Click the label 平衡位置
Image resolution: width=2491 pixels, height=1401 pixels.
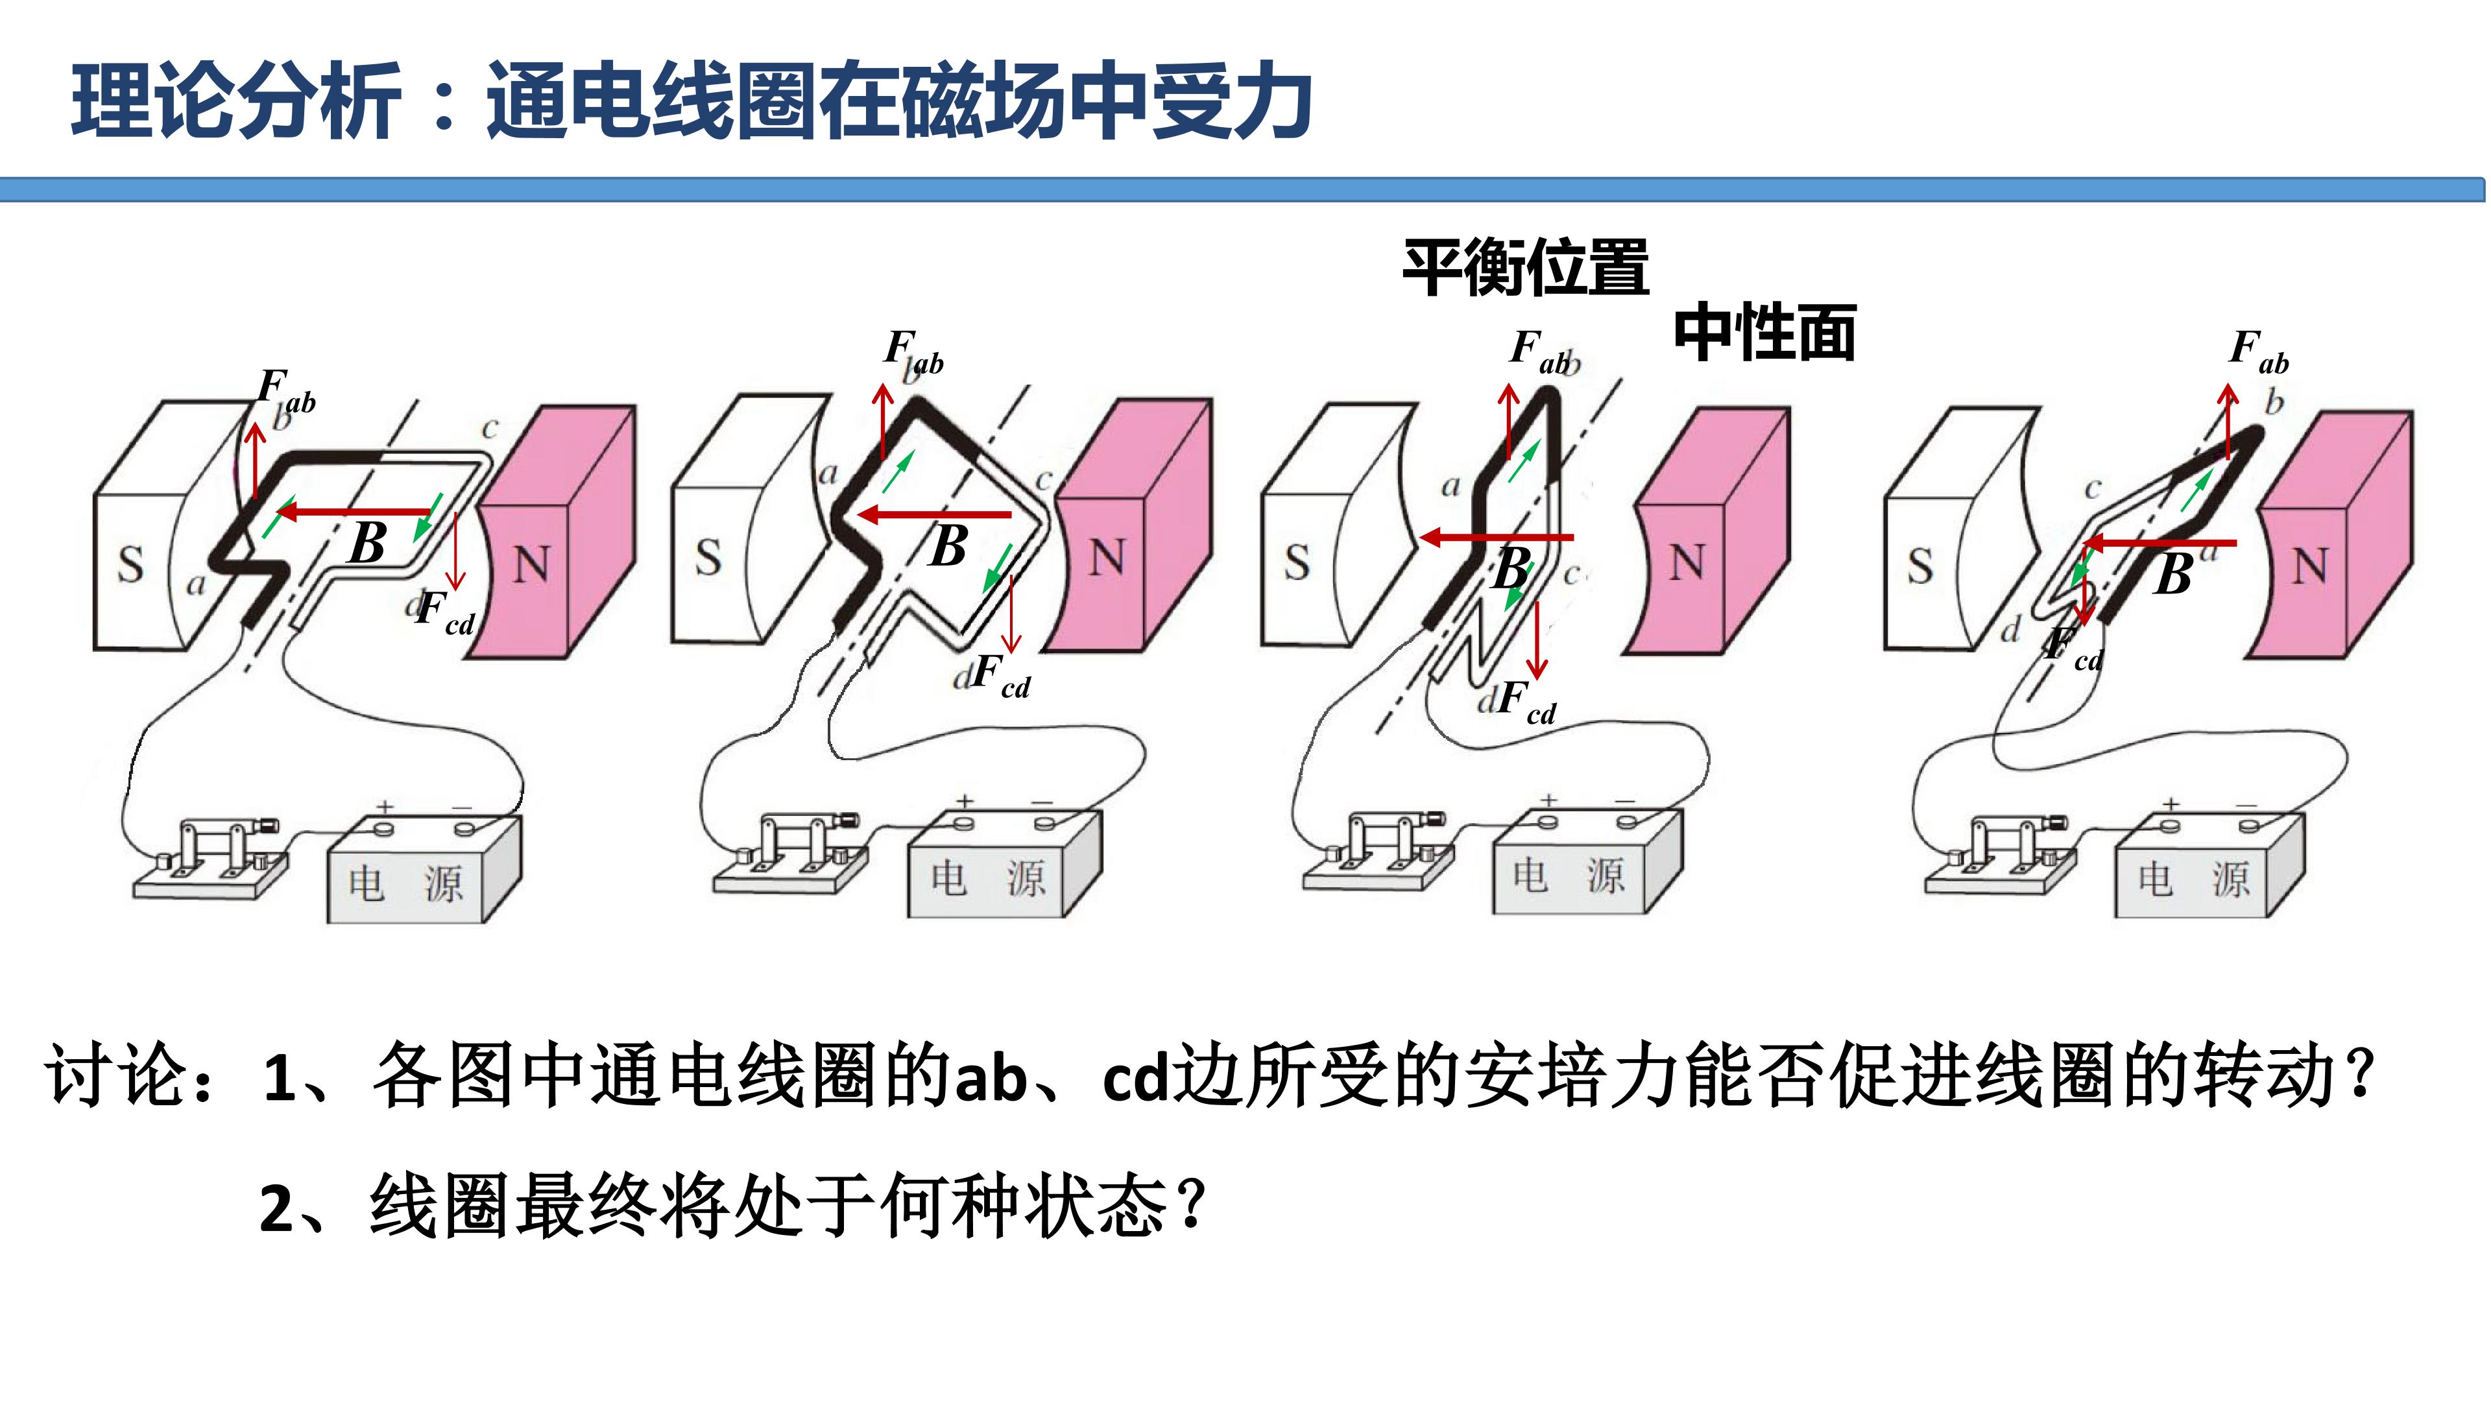(x=1526, y=269)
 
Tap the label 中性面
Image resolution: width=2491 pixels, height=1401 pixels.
(x=1764, y=333)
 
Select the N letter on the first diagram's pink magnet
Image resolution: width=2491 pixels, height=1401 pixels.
(x=530, y=566)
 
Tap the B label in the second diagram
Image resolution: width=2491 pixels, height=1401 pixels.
(x=948, y=545)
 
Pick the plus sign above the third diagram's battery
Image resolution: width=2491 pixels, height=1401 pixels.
(x=1549, y=800)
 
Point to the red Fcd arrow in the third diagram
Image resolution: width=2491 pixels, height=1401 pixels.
(x=1537, y=639)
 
